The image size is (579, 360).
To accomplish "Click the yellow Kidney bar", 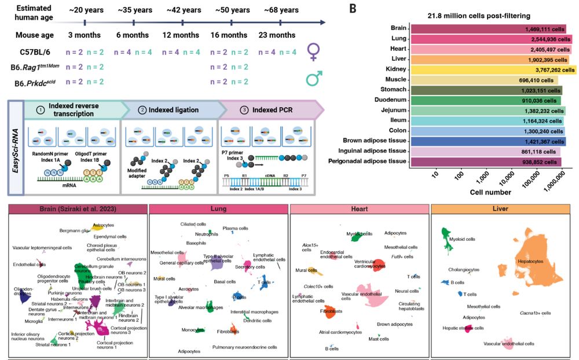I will [492, 71].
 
